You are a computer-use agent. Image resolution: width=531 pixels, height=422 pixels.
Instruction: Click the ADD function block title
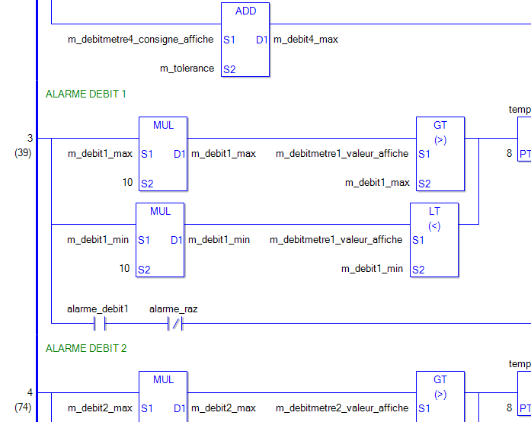click(245, 11)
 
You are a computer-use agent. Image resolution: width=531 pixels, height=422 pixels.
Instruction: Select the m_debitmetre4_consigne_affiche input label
click(141, 39)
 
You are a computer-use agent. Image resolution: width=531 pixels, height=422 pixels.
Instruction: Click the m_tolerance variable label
click(187, 69)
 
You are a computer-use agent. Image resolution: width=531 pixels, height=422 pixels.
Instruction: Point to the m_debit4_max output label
click(305, 39)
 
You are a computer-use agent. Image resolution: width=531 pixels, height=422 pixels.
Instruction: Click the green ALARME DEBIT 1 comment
click(86, 94)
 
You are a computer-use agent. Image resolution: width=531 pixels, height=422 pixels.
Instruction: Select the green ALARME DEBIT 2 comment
click(86, 348)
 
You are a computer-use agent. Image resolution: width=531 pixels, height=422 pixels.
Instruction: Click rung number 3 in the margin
click(30, 138)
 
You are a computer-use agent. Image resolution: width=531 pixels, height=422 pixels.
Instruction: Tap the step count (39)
click(22, 152)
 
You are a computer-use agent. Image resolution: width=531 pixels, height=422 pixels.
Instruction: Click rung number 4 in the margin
click(30, 392)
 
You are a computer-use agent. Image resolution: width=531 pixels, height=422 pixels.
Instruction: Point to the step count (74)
click(22, 407)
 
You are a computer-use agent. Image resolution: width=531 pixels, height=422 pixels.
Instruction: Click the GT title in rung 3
click(440, 126)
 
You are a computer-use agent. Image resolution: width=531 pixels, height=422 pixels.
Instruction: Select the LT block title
click(434, 211)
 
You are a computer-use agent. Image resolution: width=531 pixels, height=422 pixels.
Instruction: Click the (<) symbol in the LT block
click(434, 225)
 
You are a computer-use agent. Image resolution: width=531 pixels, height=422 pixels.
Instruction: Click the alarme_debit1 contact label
click(98, 309)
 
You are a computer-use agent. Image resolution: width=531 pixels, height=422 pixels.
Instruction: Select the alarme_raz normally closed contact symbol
click(175, 324)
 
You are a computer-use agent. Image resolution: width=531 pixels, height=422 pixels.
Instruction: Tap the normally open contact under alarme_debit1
click(98, 324)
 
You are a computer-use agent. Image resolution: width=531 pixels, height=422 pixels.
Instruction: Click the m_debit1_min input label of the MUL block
click(98, 240)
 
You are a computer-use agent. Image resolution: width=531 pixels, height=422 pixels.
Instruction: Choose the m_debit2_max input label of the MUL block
click(100, 408)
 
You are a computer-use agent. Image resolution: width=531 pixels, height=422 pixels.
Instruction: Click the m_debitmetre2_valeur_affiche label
click(341, 408)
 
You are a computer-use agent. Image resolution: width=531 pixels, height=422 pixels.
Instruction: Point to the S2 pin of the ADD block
click(229, 69)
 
